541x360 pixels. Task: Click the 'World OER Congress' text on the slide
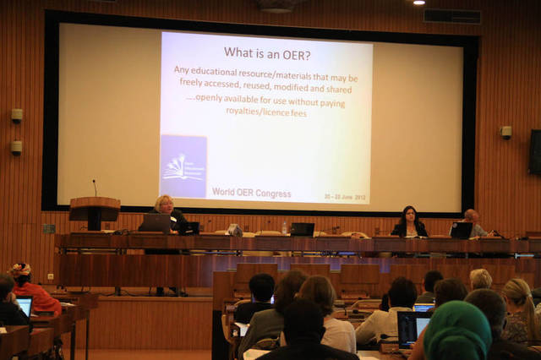point(251,194)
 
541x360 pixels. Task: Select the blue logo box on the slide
point(183,166)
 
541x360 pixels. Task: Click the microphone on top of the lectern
point(95,187)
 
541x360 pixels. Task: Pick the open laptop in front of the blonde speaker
point(156,223)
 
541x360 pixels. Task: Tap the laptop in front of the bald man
point(462,230)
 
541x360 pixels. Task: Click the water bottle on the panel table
point(285,227)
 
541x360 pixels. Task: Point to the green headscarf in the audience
point(456,330)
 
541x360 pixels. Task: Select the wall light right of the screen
point(505,132)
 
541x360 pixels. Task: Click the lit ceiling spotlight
point(418,3)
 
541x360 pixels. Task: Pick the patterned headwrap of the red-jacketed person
point(20,270)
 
